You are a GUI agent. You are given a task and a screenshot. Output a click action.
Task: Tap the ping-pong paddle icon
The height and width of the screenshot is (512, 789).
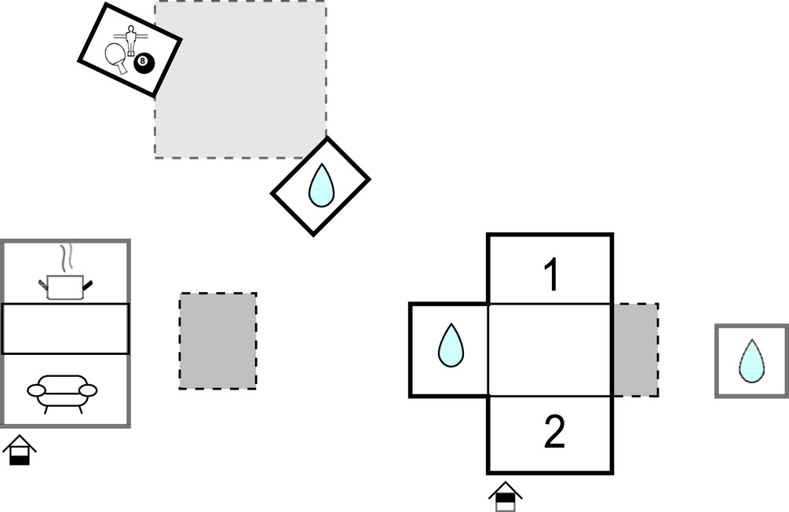[x=118, y=57]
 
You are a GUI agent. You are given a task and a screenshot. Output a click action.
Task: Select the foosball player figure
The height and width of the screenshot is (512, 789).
[x=130, y=38]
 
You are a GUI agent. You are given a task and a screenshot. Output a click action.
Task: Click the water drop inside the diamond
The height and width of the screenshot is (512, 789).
[x=320, y=186]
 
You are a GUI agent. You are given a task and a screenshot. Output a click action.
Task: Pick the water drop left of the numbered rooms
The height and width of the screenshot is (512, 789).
[x=450, y=346]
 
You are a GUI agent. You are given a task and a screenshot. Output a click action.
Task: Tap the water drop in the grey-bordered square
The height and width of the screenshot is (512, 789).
[x=751, y=361]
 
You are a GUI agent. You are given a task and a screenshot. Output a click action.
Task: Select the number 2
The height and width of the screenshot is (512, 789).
[x=553, y=433]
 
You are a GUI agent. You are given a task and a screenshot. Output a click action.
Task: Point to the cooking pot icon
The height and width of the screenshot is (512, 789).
[x=64, y=287]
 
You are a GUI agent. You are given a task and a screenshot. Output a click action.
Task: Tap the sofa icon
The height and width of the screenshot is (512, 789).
[x=62, y=390]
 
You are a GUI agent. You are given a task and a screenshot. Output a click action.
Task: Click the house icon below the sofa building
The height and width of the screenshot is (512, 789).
[x=20, y=452]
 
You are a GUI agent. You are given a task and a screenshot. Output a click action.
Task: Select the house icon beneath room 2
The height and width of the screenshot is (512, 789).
[x=506, y=496]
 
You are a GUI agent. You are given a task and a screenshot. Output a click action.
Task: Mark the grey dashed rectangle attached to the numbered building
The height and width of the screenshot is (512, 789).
[x=635, y=349]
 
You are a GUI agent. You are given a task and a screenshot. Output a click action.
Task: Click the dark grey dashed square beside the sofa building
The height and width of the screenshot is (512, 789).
[x=217, y=341]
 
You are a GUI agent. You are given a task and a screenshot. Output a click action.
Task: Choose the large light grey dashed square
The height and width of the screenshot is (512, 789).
[x=240, y=79]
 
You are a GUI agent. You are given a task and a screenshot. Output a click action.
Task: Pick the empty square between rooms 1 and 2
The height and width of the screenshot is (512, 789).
[x=550, y=349]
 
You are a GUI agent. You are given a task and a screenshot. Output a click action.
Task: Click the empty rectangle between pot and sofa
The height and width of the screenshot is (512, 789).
[x=65, y=328]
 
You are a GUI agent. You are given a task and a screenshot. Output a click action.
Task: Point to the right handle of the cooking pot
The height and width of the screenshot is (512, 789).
[x=89, y=283]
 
